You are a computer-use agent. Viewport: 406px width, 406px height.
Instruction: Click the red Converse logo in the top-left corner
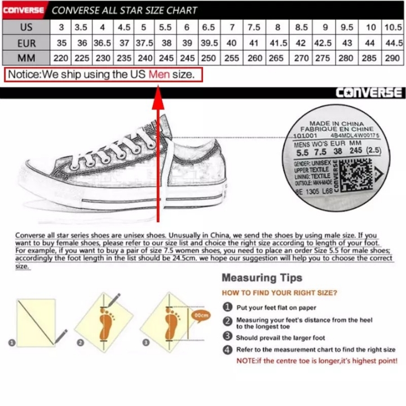pos(23,10)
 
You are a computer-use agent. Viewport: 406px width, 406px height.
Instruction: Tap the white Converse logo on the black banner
pos(369,93)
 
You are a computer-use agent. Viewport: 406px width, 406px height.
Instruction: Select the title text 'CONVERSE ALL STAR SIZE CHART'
pos(125,10)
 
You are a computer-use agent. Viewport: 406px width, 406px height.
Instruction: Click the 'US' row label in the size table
pos(26,28)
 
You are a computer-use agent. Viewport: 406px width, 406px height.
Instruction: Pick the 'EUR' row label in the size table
pos(26,43)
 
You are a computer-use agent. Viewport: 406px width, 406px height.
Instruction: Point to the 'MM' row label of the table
pos(26,58)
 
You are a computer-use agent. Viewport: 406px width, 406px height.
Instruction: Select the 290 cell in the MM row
pos(393,58)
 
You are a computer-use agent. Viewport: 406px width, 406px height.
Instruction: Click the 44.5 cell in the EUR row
pos(393,43)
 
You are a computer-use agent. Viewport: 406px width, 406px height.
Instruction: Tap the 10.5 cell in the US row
pos(393,28)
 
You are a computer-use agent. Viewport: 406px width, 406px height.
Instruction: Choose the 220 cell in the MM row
pos(61,58)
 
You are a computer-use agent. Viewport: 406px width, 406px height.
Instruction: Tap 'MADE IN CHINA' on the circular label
pos(337,123)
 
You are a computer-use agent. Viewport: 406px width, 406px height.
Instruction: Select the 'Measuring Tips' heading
pos(262,278)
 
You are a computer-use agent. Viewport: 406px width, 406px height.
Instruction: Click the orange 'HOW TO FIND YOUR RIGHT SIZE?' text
pos(280,293)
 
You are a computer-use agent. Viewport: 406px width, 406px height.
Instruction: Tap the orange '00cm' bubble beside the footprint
pos(201,315)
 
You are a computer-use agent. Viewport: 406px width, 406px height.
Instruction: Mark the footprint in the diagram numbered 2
pos(106,323)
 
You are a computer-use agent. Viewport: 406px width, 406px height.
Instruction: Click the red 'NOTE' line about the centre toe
pos(317,360)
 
